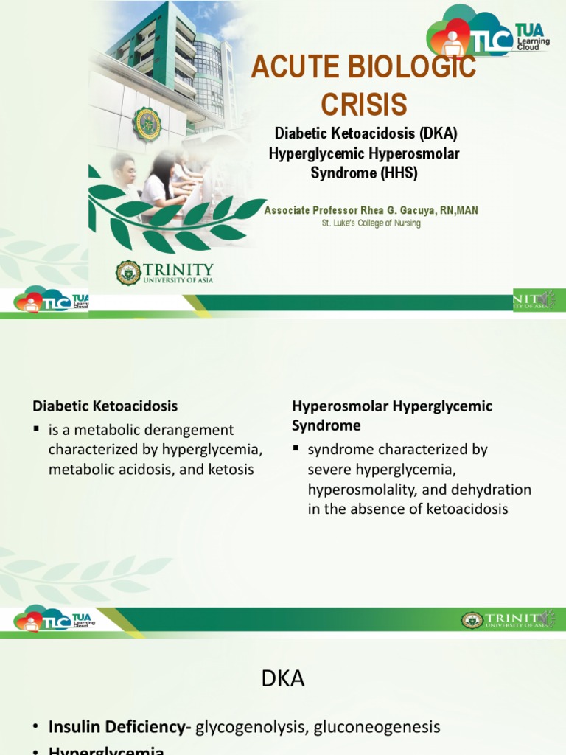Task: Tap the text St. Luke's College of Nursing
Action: pos(371,223)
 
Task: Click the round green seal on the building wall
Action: pos(146,125)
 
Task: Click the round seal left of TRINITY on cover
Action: pos(128,273)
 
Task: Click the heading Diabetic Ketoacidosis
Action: pos(105,406)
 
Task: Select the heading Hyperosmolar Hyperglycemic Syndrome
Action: pos(392,415)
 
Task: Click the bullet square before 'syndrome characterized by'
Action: pos(296,449)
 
